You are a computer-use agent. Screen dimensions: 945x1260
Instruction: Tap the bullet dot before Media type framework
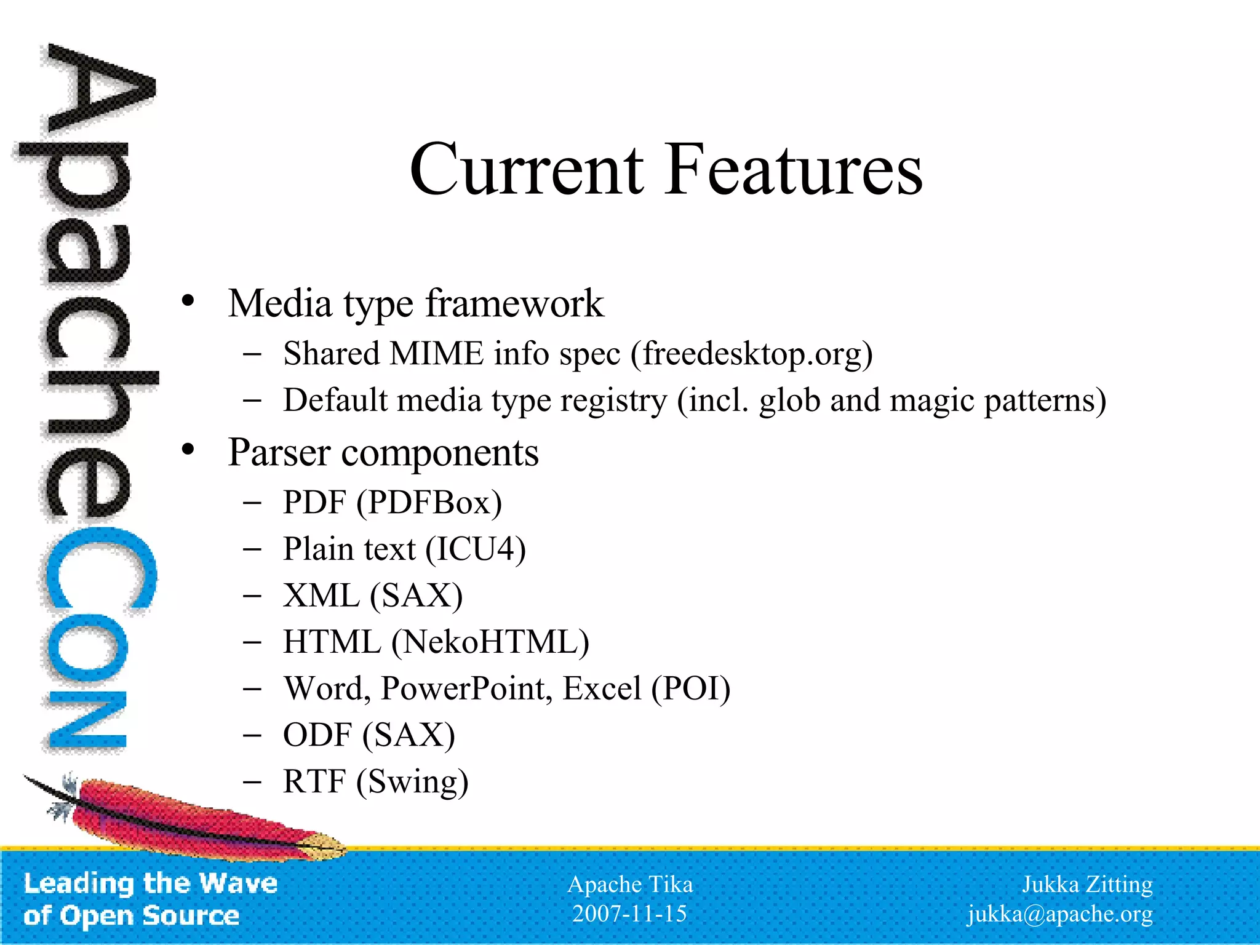[x=188, y=301]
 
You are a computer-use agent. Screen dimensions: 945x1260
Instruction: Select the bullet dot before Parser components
[x=188, y=450]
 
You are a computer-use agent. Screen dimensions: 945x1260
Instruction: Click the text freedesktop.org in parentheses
[x=752, y=354]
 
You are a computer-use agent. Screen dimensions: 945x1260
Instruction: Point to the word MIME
[x=436, y=354]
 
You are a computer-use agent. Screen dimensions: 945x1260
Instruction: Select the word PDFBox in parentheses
[x=429, y=503]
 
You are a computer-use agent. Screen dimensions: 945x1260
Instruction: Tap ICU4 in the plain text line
[x=476, y=549]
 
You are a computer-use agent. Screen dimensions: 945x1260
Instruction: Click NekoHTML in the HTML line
[x=490, y=642]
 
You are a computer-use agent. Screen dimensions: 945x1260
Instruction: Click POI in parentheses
[x=690, y=688]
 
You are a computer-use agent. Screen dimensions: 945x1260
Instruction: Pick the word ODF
[x=317, y=735]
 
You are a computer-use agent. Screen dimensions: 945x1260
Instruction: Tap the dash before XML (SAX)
[x=252, y=596]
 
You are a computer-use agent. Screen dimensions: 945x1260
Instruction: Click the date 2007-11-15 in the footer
[x=629, y=914]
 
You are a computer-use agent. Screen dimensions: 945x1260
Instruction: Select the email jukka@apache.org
[x=1059, y=914]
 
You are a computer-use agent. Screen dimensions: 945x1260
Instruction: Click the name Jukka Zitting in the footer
[x=1087, y=885]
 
